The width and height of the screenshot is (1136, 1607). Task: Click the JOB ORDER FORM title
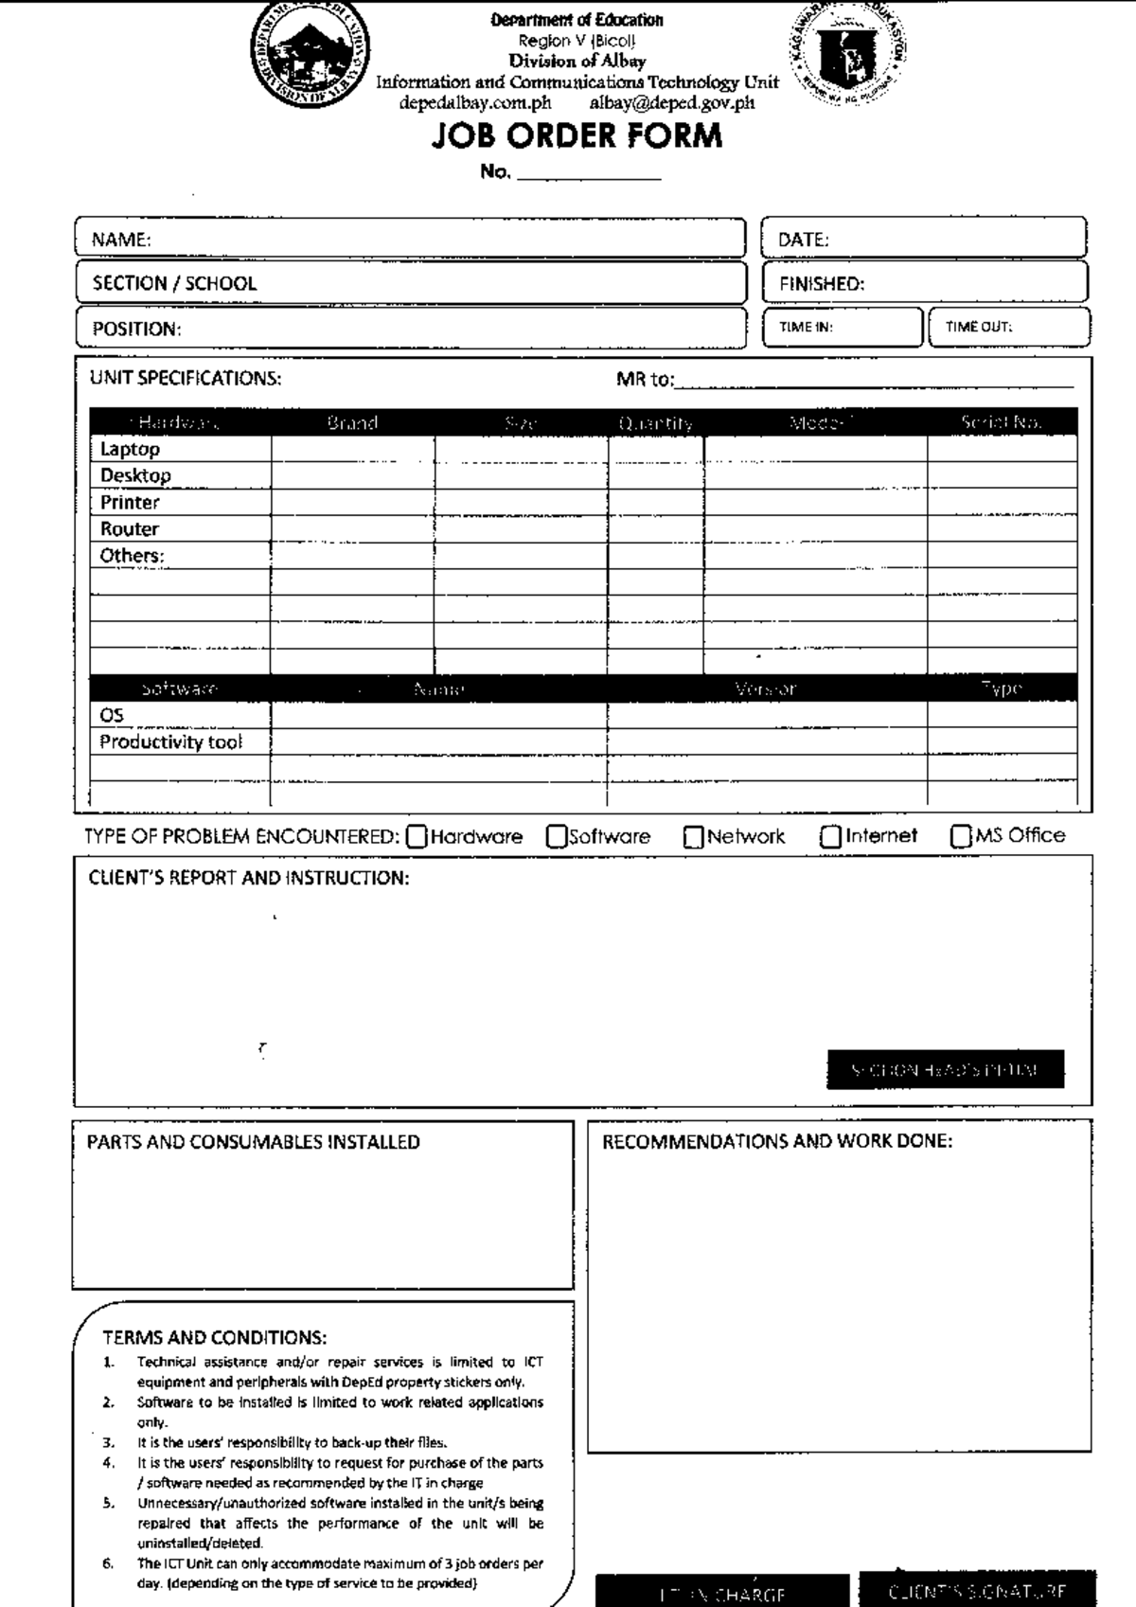[577, 136]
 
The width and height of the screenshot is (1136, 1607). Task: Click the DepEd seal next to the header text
[848, 52]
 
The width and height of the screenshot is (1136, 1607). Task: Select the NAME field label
[121, 240]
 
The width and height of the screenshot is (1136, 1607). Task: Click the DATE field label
[803, 240]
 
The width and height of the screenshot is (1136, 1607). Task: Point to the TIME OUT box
[1009, 327]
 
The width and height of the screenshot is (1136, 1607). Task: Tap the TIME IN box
[842, 327]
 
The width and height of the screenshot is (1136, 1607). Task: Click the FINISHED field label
[821, 283]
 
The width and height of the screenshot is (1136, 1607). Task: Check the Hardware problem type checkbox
[417, 837]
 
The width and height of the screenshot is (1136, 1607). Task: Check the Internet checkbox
[831, 837]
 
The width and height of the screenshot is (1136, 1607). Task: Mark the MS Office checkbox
[961, 836]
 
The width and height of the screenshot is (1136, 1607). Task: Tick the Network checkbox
[694, 837]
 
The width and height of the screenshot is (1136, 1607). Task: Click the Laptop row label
[130, 449]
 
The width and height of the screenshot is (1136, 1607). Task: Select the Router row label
[130, 528]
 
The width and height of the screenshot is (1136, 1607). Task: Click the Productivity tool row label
[170, 741]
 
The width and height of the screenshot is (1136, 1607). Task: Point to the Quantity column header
[655, 422]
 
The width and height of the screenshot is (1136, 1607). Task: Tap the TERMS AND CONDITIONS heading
[214, 1337]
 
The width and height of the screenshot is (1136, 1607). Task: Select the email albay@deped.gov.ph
[672, 102]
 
